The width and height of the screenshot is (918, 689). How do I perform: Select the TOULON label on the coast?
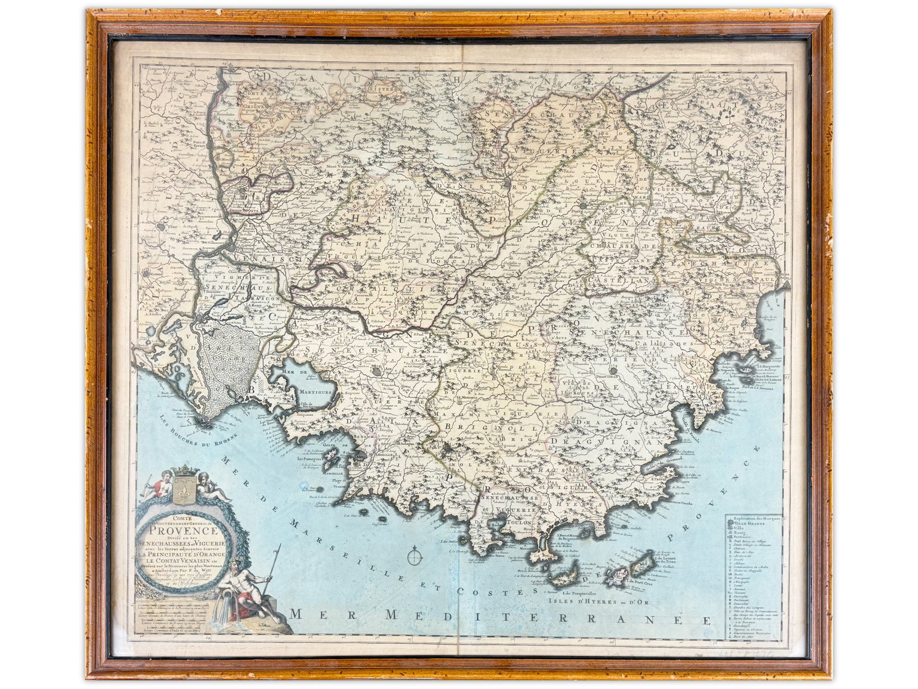tap(518, 522)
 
